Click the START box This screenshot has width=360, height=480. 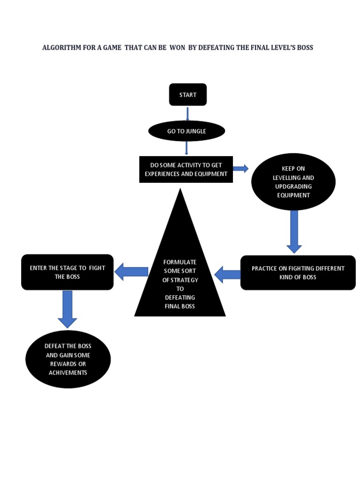pyautogui.click(x=187, y=95)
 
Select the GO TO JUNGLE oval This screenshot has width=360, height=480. pyautogui.click(x=187, y=131)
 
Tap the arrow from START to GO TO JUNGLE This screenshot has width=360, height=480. pyautogui.click(x=187, y=114)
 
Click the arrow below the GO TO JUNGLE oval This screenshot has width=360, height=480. pyautogui.click(x=187, y=148)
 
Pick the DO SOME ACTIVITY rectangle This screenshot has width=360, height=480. pyautogui.click(x=186, y=169)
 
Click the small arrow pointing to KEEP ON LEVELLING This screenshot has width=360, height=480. pyautogui.click(x=240, y=169)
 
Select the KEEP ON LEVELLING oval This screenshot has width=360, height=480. pyautogui.click(x=293, y=182)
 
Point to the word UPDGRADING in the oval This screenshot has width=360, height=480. pyautogui.click(x=293, y=186)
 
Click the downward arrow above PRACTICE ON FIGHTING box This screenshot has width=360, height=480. pyautogui.click(x=294, y=232)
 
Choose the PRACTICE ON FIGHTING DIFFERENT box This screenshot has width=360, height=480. pyautogui.click(x=298, y=273)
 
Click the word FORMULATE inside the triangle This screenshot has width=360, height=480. pyautogui.click(x=180, y=262)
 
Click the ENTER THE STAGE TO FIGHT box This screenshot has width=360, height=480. pyautogui.click(x=67, y=272)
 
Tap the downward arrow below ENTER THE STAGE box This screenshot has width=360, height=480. pyautogui.click(x=67, y=309)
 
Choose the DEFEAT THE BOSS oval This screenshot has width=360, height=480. pyautogui.click(x=68, y=359)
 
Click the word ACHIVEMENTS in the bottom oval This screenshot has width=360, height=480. pyautogui.click(x=68, y=373)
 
